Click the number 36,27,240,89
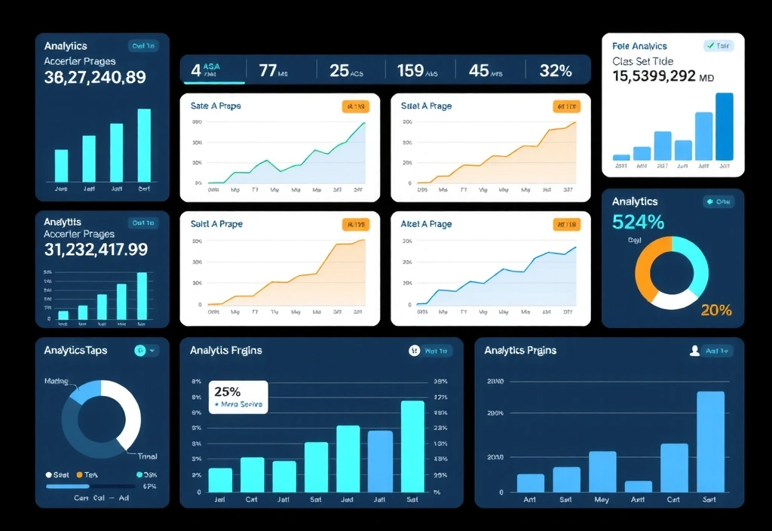(95, 77)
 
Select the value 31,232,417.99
(96, 249)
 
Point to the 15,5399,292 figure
(663, 76)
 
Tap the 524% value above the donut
(638, 222)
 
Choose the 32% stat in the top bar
(556, 71)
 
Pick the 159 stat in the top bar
(410, 71)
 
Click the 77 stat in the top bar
(268, 71)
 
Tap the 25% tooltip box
(237, 397)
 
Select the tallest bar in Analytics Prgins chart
(710, 441)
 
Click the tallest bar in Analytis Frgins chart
(412, 446)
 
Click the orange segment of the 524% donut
(645, 268)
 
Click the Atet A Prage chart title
(427, 224)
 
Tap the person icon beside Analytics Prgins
(695, 351)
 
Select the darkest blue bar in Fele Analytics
(724, 126)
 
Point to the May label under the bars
(602, 499)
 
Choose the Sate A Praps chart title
(216, 106)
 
